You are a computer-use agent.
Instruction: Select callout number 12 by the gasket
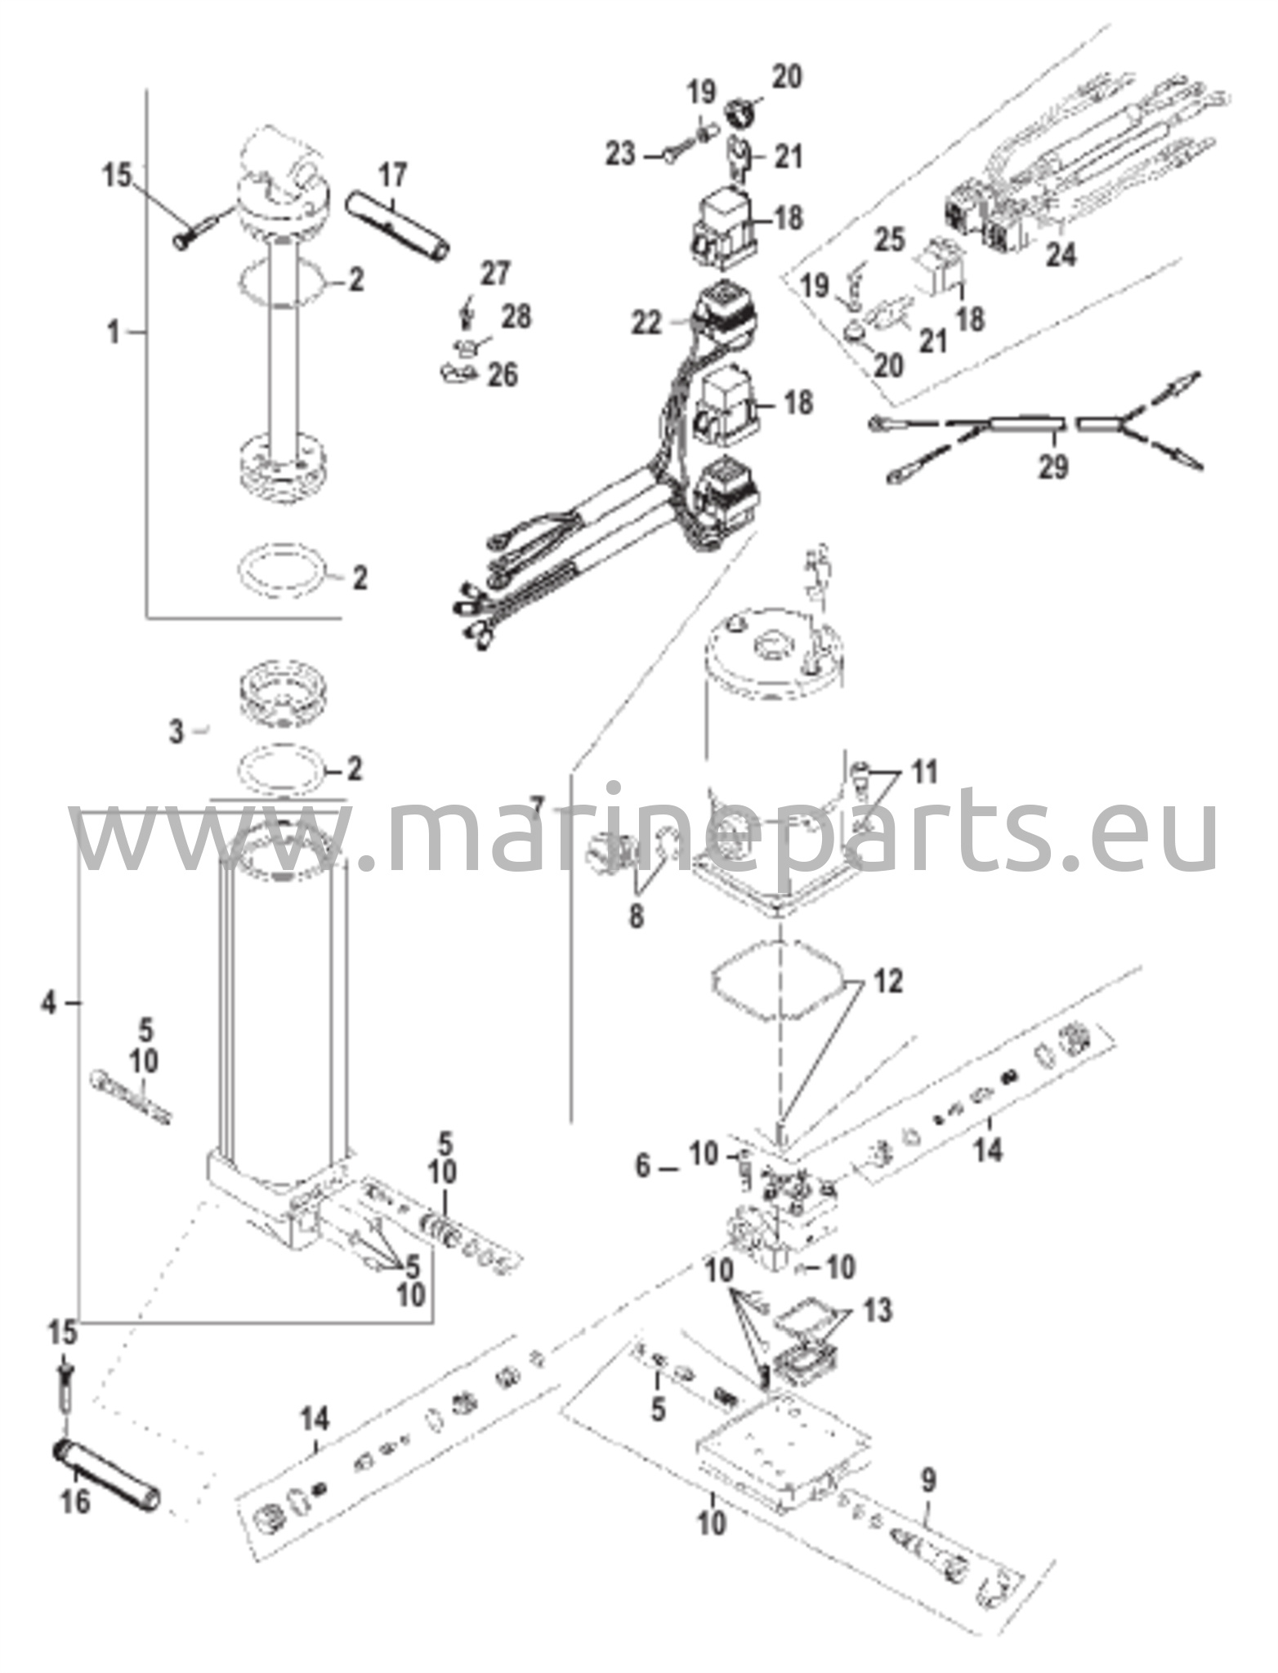889,981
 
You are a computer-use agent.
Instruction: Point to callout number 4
51,1002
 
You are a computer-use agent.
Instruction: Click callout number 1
114,332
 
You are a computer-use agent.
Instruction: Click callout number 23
620,153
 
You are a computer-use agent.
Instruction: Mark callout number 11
923,772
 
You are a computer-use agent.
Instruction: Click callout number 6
644,1167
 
